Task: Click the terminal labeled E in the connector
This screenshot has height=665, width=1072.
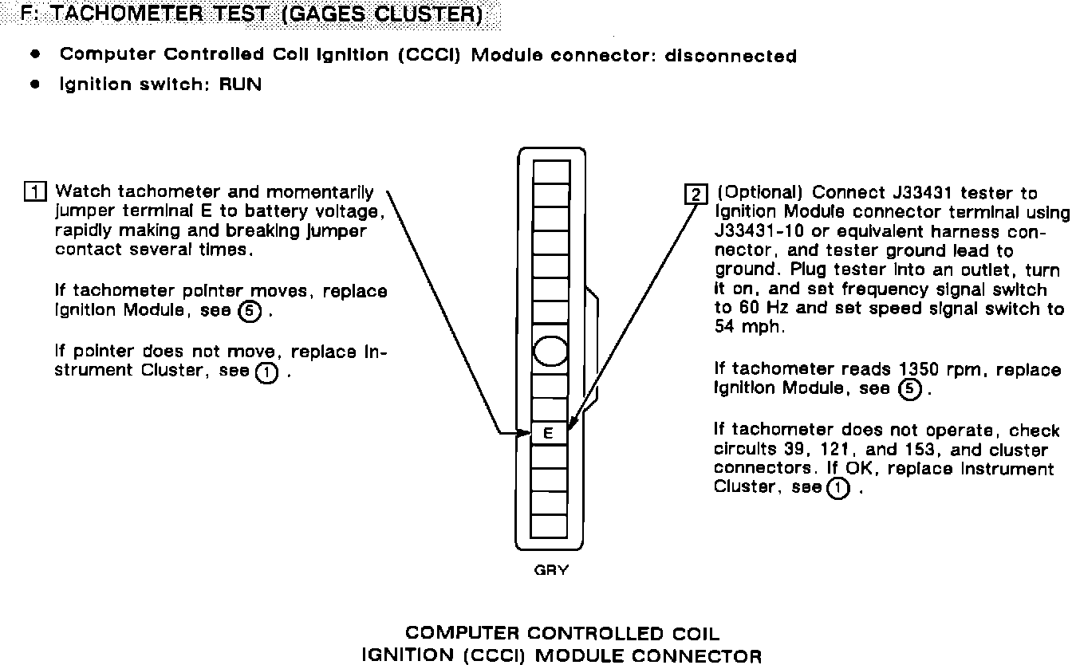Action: [x=549, y=434]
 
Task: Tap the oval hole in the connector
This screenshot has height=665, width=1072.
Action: [x=550, y=351]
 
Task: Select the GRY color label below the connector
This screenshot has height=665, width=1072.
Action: [x=551, y=571]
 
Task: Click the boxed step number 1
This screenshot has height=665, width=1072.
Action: [x=36, y=192]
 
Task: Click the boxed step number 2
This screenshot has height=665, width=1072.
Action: [x=696, y=194]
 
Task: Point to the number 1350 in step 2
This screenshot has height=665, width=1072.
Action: [x=920, y=370]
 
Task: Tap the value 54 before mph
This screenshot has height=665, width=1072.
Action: [x=726, y=328]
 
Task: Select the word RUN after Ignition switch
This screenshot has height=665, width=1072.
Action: [x=240, y=84]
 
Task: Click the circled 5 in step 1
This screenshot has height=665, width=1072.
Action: [x=250, y=312]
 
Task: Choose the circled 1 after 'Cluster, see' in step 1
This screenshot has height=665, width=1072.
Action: [x=266, y=372]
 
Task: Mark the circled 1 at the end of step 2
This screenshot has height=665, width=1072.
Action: [x=837, y=488]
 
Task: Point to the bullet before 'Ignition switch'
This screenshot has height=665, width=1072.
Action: [x=34, y=84]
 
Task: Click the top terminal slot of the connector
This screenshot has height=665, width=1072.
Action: [x=551, y=172]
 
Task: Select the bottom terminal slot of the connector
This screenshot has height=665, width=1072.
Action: [x=549, y=526]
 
